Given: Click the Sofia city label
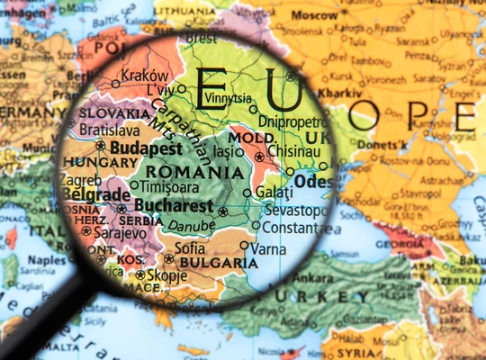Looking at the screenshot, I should pos(189,247).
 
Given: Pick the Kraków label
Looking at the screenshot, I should pos(145,76).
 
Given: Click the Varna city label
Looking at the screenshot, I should pos(269,247).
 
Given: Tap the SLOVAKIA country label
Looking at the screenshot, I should pos(112,113).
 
